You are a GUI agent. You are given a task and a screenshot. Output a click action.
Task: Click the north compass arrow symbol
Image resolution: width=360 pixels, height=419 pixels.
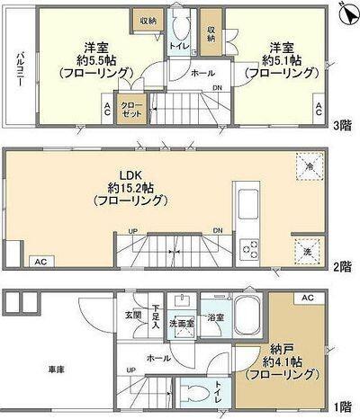click(346, 13)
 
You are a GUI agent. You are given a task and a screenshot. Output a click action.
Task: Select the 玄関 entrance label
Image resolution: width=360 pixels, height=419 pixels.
click(132, 315)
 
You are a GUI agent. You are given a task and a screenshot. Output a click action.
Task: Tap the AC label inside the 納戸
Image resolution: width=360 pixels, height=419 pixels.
click(306, 298)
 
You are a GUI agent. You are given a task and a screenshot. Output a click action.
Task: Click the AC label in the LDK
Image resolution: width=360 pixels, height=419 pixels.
click(40, 262)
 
